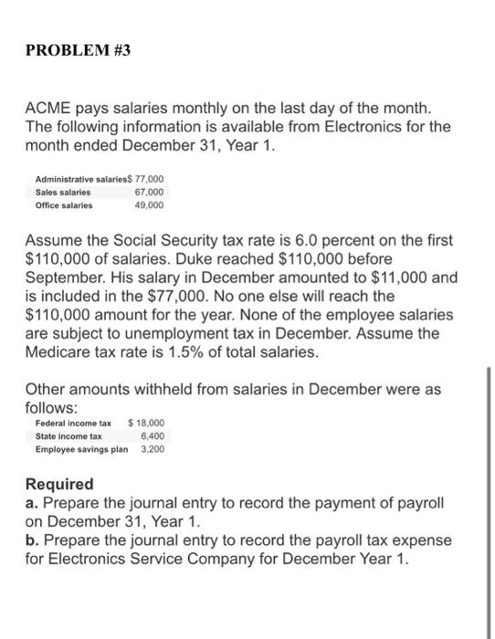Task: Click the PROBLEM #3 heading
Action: [x=78, y=51]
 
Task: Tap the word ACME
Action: [x=47, y=110]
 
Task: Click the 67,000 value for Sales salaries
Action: [x=149, y=194]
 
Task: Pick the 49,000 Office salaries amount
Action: [x=149, y=206]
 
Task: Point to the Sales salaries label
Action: [x=63, y=194]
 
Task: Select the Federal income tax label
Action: [x=73, y=424]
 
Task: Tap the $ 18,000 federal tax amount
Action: [x=147, y=424]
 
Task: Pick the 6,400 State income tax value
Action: [x=153, y=436]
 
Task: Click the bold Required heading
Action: [x=59, y=484]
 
